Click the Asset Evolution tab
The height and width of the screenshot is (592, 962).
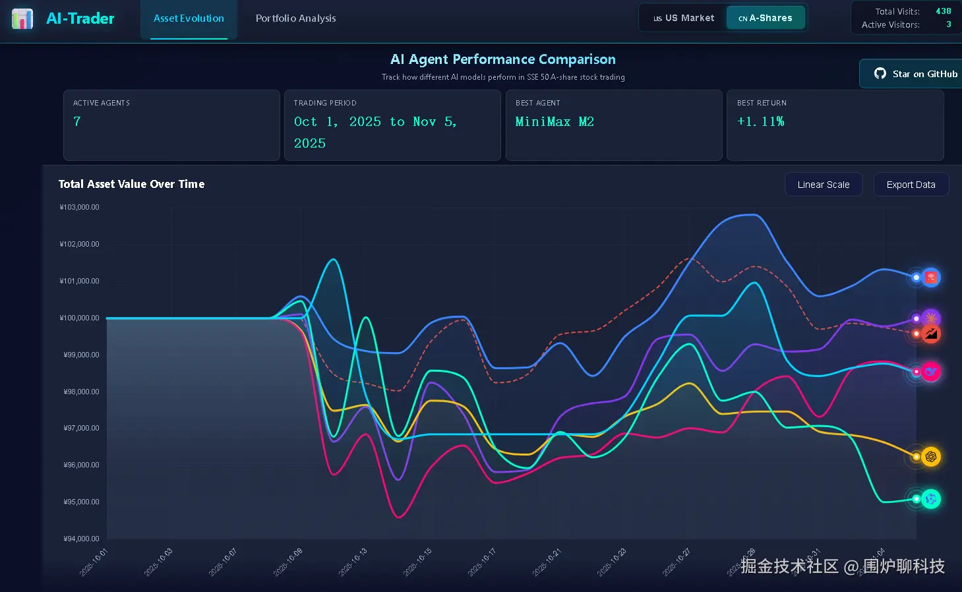pos(189,18)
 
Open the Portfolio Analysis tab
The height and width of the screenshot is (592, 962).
pos(295,18)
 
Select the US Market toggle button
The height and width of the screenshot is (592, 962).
pos(684,18)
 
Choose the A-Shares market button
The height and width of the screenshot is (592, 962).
pos(766,18)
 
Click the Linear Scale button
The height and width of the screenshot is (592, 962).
pos(823,185)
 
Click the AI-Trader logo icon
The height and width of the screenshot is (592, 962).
pos(22,18)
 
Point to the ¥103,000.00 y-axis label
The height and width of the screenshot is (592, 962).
pos(80,207)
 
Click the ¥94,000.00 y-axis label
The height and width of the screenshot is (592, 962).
pos(81,539)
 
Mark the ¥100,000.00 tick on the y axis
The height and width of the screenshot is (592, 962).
pos(80,318)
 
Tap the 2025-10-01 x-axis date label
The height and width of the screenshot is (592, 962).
pos(93,562)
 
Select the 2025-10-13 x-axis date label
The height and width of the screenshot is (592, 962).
pos(353,562)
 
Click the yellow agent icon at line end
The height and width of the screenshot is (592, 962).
pos(930,456)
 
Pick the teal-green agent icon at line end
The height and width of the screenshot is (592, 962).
pos(930,499)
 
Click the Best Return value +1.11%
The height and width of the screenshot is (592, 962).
pos(760,121)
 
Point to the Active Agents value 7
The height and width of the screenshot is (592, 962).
pos(77,121)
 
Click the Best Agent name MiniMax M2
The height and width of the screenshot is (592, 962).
pos(555,121)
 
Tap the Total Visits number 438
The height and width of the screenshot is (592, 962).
pos(943,11)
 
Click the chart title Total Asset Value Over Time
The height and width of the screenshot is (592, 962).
pos(131,184)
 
